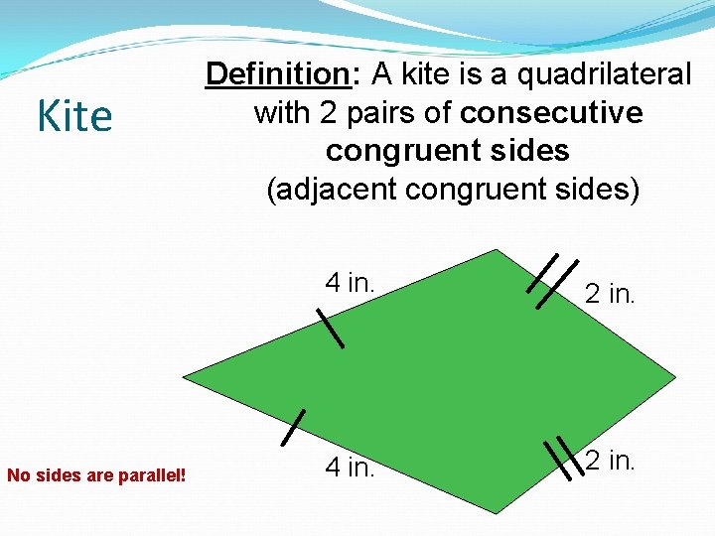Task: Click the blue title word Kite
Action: tap(74, 116)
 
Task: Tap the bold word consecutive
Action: tap(551, 112)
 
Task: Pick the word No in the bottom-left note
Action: tap(18, 474)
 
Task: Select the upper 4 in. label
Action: tap(350, 282)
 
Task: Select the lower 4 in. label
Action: tap(351, 466)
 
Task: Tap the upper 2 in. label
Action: tap(609, 293)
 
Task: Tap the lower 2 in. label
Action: tap(609, 461)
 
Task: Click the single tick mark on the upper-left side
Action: tap(330, 328)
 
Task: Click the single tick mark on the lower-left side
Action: tap(293, 427)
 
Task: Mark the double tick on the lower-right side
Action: tap(564, 459)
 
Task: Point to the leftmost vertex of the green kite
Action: tap(184, 378)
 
